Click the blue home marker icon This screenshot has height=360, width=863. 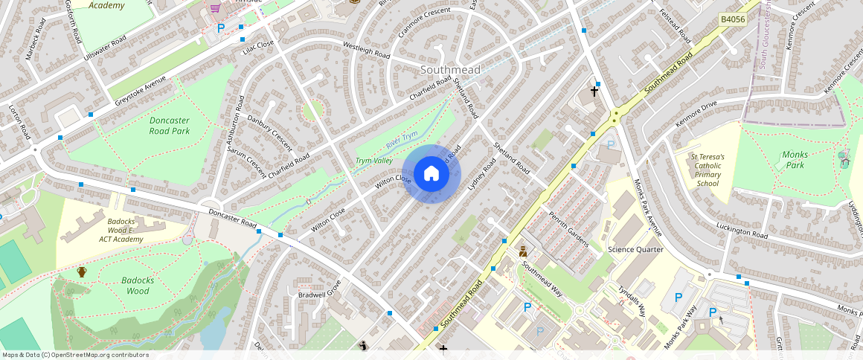click(x=431, y=174)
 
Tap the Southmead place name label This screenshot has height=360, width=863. click(x=450, y=69)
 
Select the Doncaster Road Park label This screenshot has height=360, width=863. click(x=169, y=126)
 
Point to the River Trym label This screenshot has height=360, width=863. click(x=402, y=138)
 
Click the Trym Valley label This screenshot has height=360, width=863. click(x=373, y=161)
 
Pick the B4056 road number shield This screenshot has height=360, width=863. click(x=734, y=19)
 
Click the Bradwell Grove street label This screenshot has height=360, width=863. click(x=319, y=289)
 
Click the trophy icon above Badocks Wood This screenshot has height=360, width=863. click(x=82, y=272)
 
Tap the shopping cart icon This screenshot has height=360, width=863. click(x=216, y=8)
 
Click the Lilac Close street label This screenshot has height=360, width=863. click(x=258, y=47)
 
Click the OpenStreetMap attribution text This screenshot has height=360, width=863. click(x=75, y=355)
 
